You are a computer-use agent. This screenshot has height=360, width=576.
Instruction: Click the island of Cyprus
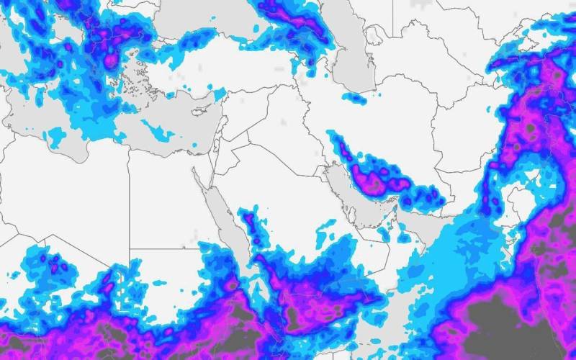coord(202,110)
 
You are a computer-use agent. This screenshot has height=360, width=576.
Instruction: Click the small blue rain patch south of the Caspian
coord(354,98)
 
